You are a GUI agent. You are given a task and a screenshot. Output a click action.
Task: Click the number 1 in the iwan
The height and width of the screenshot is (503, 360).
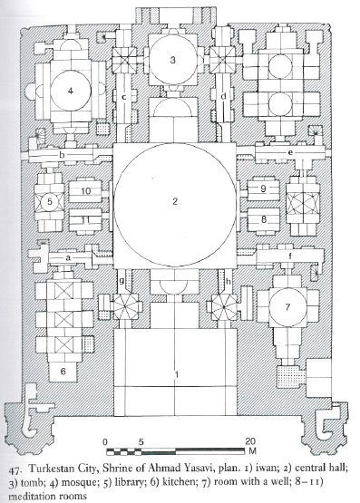click(x=176, y=374)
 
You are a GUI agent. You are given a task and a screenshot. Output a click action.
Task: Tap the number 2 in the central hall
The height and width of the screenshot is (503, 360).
click(x=175, y=201)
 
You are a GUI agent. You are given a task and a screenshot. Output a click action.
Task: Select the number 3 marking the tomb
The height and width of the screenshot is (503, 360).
click(x=173, y=60)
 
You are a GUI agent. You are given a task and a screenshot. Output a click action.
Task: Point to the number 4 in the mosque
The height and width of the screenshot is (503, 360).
click(x=71, y=91)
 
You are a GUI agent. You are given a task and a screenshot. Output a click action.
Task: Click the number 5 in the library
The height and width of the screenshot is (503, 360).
click(x=50, y=202)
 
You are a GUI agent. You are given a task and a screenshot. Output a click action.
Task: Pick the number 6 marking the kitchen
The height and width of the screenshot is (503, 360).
click(x=63, y=372)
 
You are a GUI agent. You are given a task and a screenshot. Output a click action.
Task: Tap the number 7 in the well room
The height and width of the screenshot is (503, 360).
click(x=287, y=307)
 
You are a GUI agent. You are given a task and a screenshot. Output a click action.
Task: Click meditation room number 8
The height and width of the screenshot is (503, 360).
click(x=264, y=219)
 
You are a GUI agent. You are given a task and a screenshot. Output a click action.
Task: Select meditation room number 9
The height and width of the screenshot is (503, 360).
click(x=263, y=189)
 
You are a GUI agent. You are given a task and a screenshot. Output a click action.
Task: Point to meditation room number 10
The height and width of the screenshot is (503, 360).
click(x=85, y=191)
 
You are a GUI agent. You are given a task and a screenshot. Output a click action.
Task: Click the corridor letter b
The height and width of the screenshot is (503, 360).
click(x=62, y=156)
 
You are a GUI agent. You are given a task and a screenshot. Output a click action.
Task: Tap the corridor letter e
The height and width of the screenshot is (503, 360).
click(x=290, y=152)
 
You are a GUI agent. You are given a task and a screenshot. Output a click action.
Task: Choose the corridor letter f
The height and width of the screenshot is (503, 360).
click(x=290, y=256)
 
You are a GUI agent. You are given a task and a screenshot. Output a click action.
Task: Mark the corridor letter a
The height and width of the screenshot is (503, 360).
click(x=68, y=257)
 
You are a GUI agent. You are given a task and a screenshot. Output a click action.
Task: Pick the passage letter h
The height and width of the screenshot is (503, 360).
click(x=229, y=281)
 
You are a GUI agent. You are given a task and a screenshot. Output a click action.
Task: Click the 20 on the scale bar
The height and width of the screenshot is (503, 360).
click(x=251, y=441)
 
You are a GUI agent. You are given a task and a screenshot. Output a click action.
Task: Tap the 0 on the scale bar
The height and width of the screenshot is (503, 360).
click(x=105, y=441)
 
